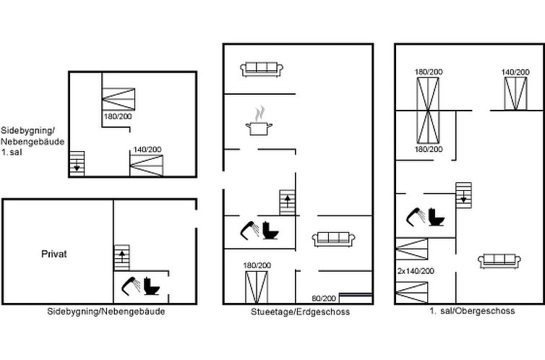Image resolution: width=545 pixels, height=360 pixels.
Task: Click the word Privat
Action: [54, 254]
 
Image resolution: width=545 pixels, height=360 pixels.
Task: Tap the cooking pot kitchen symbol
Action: [259, 121]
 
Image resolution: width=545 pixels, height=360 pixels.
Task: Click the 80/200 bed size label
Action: [324, 298]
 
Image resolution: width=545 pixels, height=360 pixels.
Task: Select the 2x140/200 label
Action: [416, 271]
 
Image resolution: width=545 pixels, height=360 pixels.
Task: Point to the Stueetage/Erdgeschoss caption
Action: [300, 312]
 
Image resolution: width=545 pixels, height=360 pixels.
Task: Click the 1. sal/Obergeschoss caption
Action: [472, 311]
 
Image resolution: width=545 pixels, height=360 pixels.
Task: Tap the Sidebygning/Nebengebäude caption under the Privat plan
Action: [106, 312]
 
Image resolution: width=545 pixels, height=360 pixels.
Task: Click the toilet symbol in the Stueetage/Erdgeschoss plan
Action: [270, 231]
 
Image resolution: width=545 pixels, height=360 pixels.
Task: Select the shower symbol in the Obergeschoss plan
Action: [416, 217]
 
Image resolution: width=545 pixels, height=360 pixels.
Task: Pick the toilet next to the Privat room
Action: [152, 286]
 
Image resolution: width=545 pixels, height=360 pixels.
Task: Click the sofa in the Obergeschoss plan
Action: [499, 261]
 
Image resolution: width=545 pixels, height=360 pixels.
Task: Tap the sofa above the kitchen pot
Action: [262, 69]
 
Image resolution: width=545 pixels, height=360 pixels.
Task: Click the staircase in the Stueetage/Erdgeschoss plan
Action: [288, 202]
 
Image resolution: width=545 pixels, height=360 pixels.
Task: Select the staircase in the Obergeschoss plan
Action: [463, 195]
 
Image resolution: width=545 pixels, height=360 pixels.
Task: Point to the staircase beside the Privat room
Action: [121, 258]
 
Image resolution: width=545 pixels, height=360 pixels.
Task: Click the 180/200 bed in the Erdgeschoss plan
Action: [257, 288]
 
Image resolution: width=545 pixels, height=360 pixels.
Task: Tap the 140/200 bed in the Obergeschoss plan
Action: [516, 94]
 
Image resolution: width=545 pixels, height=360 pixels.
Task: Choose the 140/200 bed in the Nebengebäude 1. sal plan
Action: [146, 166]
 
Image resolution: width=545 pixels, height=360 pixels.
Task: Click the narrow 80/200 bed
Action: [356, 298]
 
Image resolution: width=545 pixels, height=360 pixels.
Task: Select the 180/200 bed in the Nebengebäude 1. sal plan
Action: [119, 99]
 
